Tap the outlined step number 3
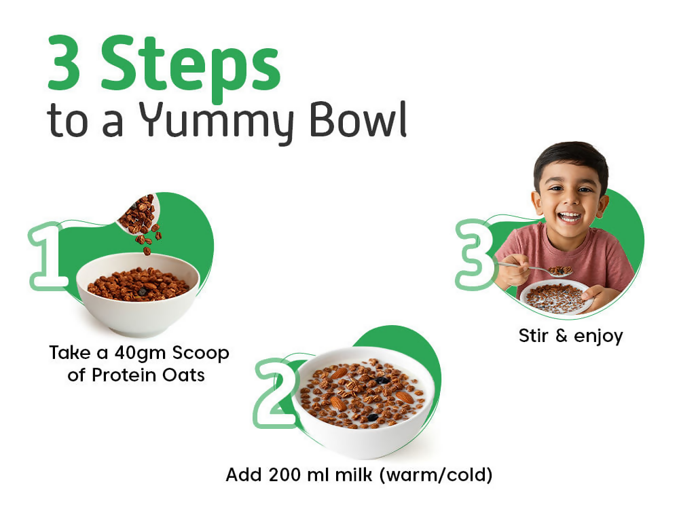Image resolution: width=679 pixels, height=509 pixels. coord(475,254)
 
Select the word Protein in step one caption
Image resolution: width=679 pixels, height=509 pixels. coord(128,375)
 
